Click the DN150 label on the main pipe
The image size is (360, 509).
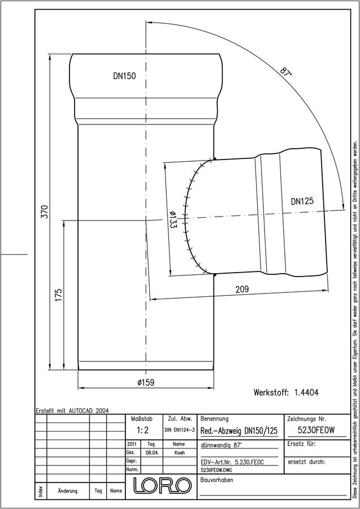point(124,76)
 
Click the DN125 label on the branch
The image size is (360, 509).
point(302,201)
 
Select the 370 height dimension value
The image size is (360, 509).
point(45,212)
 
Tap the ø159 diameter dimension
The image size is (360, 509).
point(146,382)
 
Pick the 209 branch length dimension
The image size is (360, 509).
point(242,289)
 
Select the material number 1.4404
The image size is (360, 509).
point(306,392)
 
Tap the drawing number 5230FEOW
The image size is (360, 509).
point(316,430)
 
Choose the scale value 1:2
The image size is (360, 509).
point(142,430)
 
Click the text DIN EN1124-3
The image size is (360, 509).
point(179,430)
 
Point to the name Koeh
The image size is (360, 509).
point(179,453)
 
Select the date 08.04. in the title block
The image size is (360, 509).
point(150,453)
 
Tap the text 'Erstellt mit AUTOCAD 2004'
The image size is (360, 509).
point(72,411)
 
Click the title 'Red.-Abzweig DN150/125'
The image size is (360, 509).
point(239,431)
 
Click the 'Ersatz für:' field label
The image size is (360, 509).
point(302,444)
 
